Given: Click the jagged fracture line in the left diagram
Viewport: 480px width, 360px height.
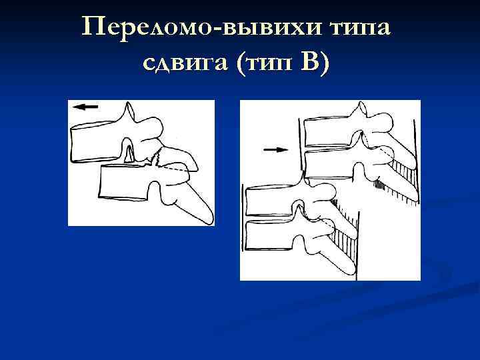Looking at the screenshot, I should click(158, 159).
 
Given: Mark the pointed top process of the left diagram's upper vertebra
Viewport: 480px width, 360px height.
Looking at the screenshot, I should click(129, 109).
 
